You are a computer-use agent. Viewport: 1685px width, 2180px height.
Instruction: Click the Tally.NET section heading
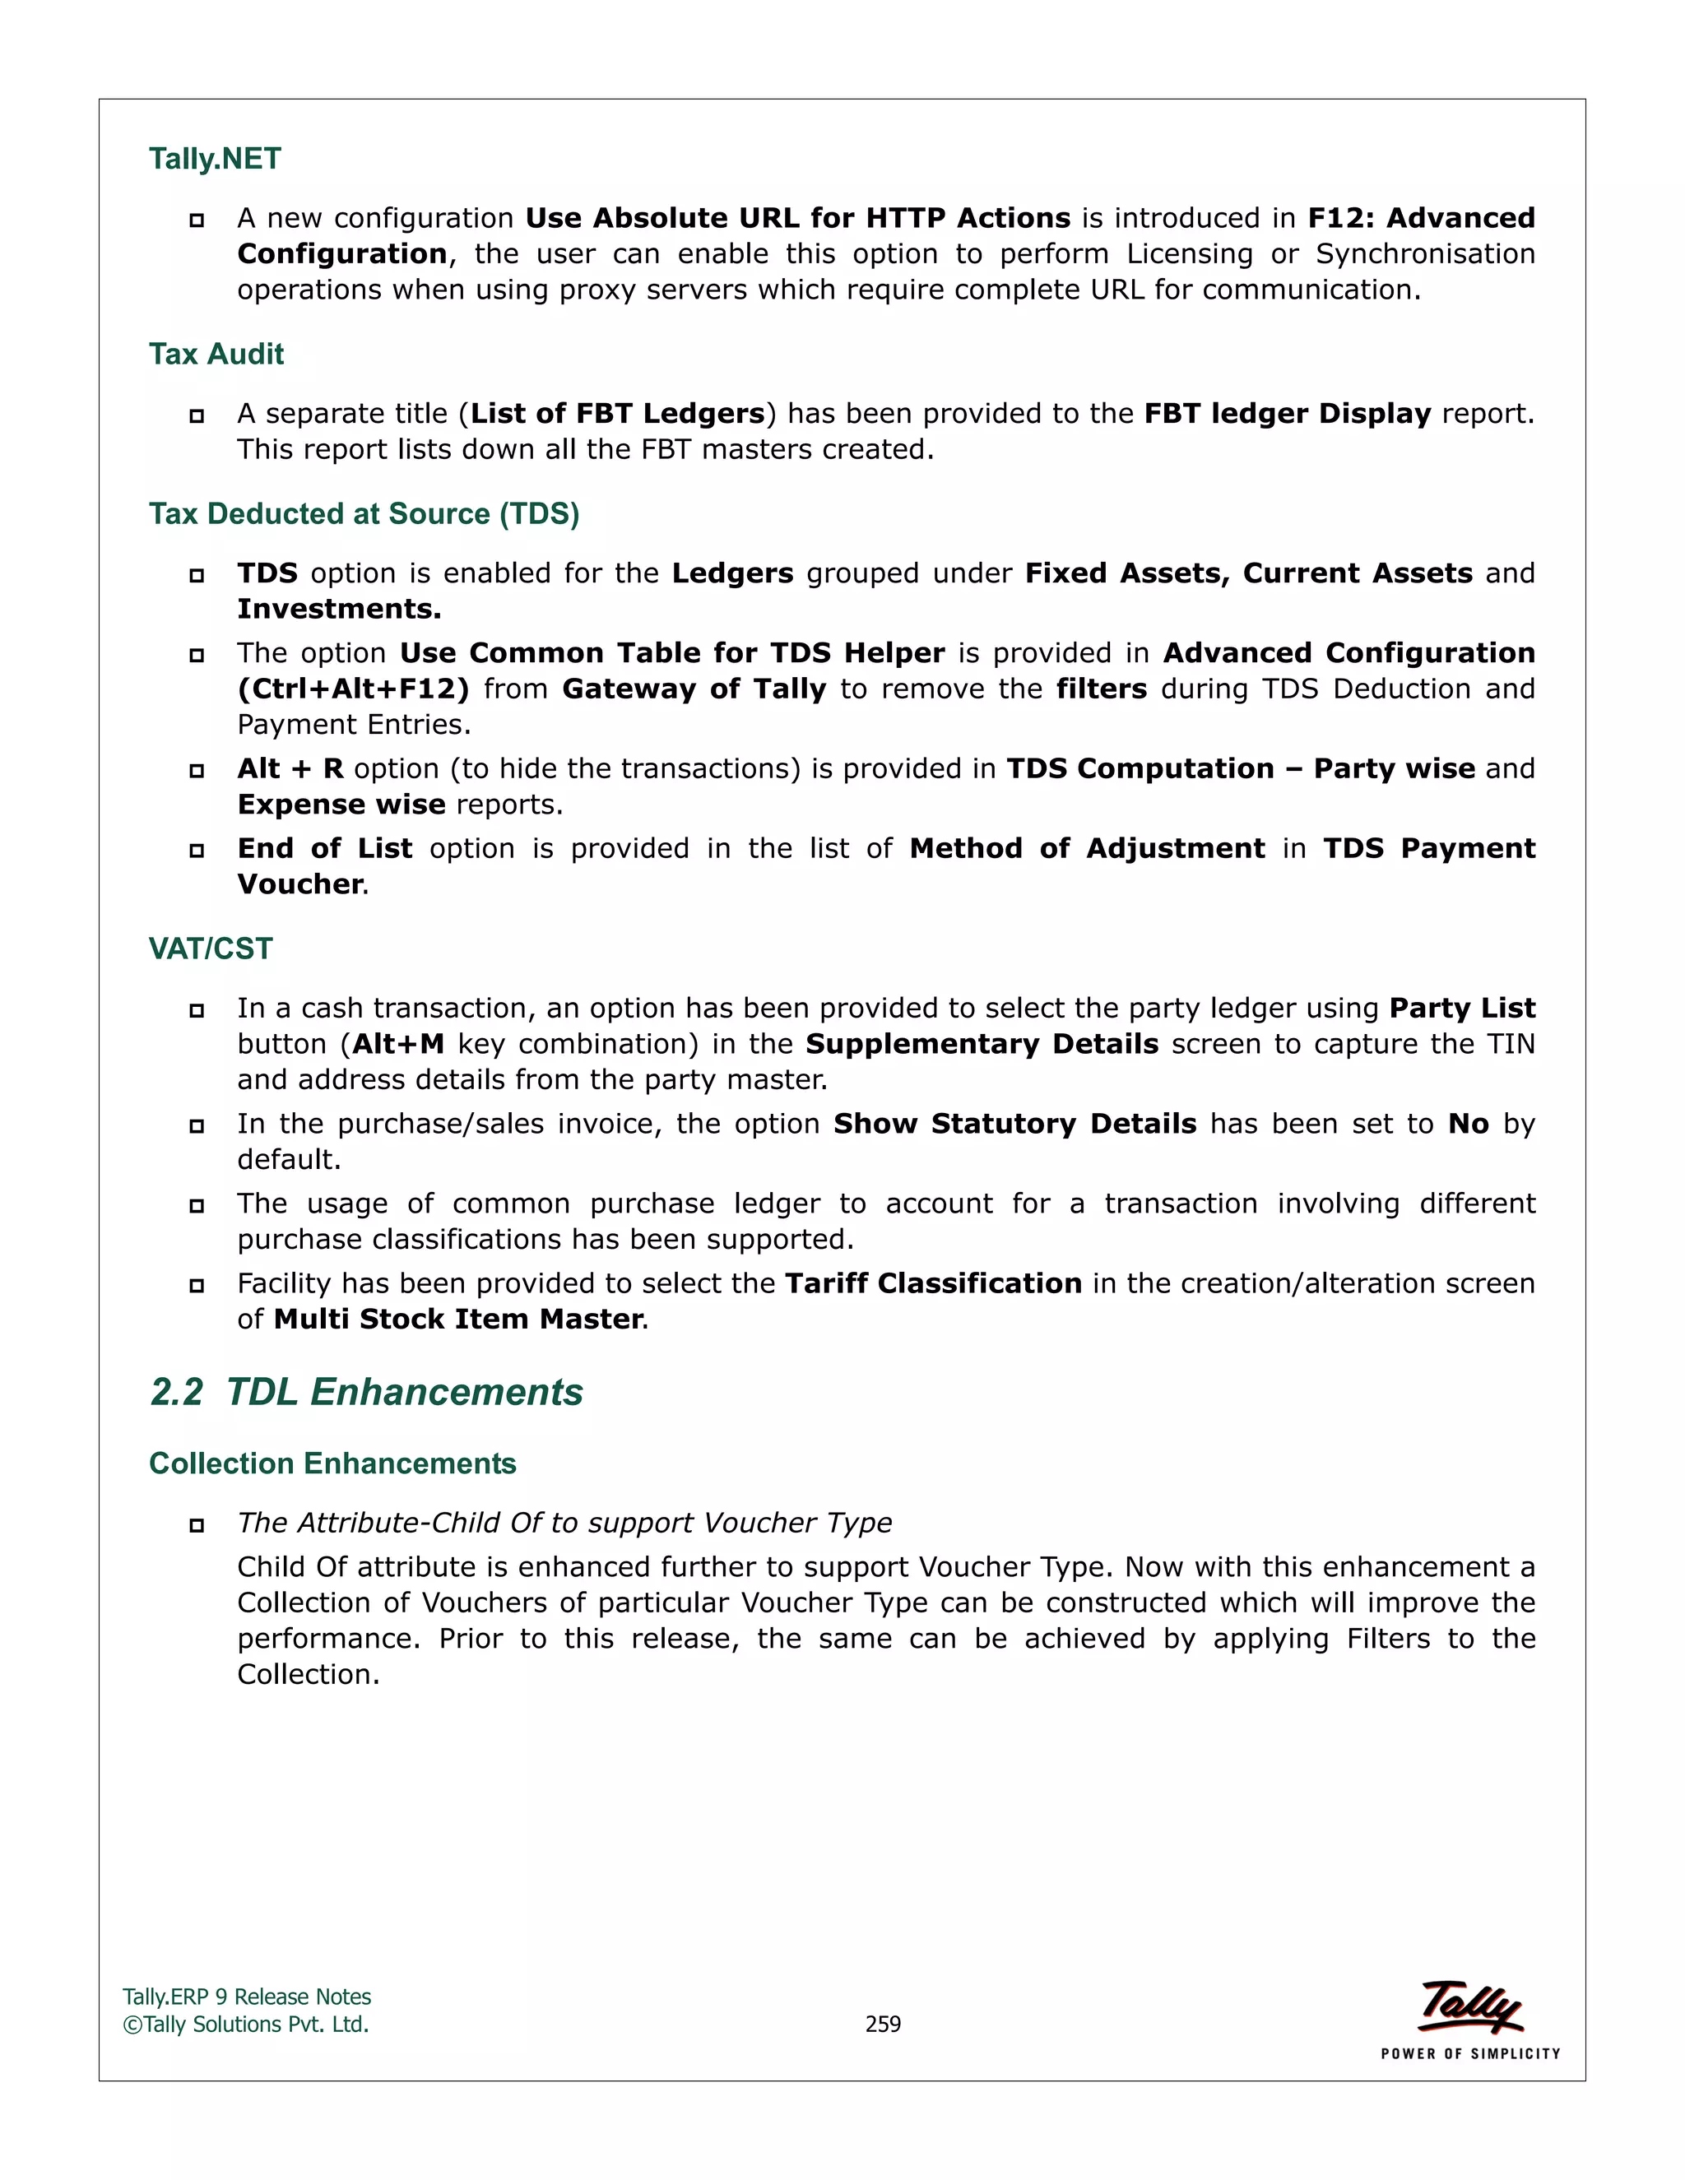coord(215,159)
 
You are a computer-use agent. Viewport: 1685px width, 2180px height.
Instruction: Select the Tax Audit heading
coord(216,355)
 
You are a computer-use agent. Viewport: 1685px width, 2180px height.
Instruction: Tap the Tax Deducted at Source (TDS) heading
coord(364,514)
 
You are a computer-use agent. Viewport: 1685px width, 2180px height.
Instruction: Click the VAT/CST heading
coord(211,949)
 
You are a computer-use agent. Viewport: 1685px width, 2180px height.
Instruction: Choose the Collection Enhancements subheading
coord(332,1463)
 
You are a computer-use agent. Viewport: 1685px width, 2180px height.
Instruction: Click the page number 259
coord(883,2025)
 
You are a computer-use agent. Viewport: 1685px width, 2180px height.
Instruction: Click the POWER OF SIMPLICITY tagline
coord(1469,2054)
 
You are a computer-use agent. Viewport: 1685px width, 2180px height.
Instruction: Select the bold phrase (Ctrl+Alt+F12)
coord(352,689)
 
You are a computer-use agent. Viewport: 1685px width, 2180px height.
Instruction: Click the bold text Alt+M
coord(398,1044)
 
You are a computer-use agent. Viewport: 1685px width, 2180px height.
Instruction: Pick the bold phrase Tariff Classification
coord(932,1283)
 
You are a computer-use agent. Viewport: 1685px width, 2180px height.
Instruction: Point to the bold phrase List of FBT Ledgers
coord(617,413)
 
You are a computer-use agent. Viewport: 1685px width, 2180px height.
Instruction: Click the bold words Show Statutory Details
coord(1014,1124)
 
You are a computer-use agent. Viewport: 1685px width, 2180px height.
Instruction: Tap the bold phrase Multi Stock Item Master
coord(458,1320)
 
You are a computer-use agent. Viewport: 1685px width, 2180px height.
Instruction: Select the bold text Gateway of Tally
coord(694,689)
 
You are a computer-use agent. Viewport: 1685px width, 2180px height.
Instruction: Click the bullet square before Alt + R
coord(197,771)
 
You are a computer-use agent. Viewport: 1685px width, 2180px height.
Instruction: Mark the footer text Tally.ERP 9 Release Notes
coord(247,1997)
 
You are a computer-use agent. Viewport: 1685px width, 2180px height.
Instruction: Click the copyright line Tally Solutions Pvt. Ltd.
coord(247,2025)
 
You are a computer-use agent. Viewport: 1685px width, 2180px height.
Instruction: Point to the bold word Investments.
coord(338,609)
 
